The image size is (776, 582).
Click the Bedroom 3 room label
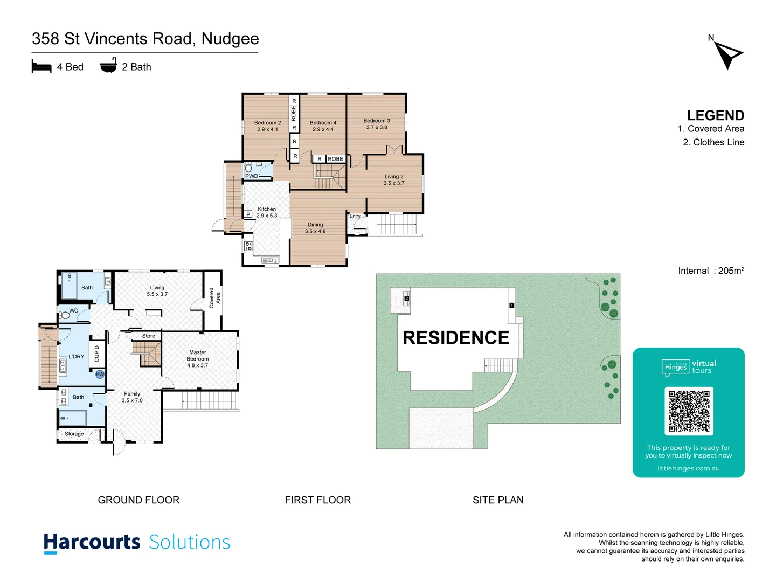tap(377, 124)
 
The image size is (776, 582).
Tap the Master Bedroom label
tap(198, 359)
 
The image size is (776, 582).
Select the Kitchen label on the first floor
tap(267, 212)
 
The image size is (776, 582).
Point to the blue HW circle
tap(100, 374)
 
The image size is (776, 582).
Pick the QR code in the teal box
tap(689, 411)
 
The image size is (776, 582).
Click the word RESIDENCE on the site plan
tap(456, 338)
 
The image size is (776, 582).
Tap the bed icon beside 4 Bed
tap(41, 66)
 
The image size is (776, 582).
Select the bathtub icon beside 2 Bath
tap(108, 65)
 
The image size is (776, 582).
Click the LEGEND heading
tap(715, 115)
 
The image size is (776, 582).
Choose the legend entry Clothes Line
tap(713, 142)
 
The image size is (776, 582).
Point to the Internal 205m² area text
tap(711, 271)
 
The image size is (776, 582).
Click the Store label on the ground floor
tap(149, 336)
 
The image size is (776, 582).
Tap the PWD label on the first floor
tap(252, 176)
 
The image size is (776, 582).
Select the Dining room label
tap(315, 228)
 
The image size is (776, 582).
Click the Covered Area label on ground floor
tap(214, 297)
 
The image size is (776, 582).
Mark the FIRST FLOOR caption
tap(317, 500)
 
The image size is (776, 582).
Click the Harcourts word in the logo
tap(92, 542)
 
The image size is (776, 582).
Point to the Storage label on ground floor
tap(74, 434)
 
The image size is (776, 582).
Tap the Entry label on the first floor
tap(355, 216)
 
